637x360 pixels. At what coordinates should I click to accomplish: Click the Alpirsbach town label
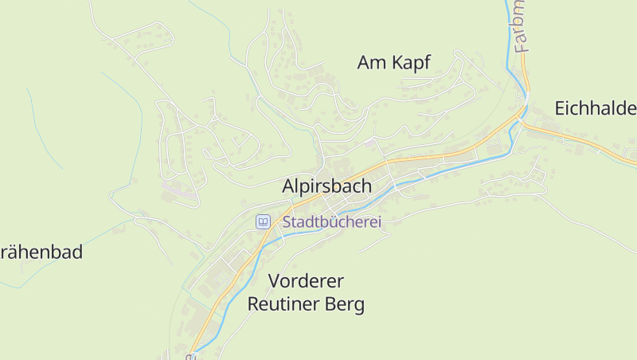[326, 186]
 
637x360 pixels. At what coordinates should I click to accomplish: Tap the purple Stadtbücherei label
[332, 222]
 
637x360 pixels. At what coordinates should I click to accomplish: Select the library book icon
[263, 221]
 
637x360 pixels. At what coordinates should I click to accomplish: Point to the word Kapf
[412, 63]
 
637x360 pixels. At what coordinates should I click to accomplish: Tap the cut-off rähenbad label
[41, 252]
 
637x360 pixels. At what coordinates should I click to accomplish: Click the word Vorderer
[306, 280]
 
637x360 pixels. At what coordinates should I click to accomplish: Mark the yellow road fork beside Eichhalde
[526, 119]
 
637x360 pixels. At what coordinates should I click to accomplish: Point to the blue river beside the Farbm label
[509, 32]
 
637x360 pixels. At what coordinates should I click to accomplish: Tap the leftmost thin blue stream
[44, 127]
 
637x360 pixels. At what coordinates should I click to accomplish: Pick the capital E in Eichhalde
[560, 108]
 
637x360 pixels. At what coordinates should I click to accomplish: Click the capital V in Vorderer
[275, 280]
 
